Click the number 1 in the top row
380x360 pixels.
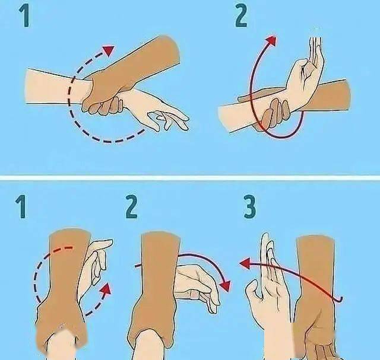tap(25, 15)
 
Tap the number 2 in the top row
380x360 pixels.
tap(241, 15)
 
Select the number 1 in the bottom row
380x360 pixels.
tap(21, 207)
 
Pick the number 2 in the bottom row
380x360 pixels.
tap(132, 207)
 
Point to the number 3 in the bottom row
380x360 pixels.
tap(249, 207)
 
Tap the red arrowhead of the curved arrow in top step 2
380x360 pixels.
tap(271, 40)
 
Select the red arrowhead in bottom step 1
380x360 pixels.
tap(106, 289)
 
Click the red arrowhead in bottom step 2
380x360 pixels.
tap(225, 286)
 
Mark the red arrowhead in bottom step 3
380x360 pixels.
tap(245, 263)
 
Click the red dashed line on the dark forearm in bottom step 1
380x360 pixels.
tap(61, 249)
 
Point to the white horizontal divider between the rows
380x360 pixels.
tap(190, 178)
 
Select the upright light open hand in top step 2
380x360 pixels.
tap(306, 72)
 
